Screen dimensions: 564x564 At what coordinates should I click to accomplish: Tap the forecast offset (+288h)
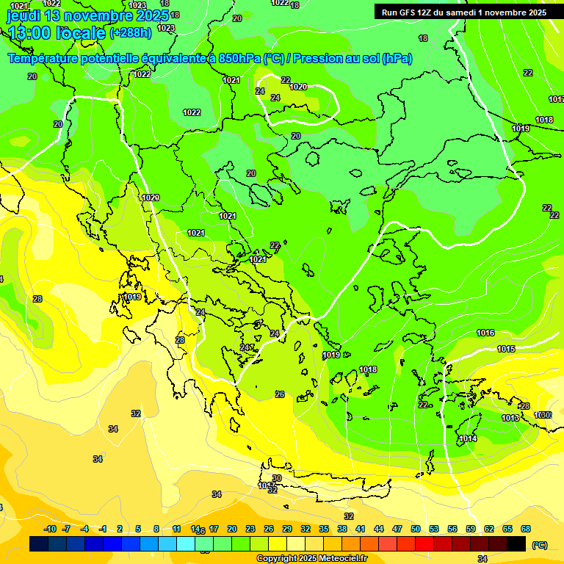coord(131,33)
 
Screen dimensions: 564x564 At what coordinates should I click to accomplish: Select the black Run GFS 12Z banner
coord(463,12)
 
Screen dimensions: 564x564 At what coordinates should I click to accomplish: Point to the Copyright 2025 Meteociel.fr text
coord(312,558)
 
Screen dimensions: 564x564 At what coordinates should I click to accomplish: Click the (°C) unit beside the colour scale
coord(540,545)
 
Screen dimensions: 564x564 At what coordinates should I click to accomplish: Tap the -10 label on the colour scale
coord(50,529)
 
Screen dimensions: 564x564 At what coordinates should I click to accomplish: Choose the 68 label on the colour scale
coord(526,529)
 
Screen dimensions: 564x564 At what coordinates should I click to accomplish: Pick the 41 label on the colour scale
coord(360,529)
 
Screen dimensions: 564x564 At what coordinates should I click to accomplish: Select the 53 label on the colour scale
coord(433,529)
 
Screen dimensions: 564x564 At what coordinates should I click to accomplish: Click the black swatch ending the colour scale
coord(516,543)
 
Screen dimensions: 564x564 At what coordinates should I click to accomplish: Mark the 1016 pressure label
coord(485,333)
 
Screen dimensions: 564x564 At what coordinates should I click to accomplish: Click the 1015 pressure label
coord(506,349)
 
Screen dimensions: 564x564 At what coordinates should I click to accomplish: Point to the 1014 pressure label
coord(468,439)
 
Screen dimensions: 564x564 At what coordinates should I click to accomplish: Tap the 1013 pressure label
coord(510,418)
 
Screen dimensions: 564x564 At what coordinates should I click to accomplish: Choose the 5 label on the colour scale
coord(138,529)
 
